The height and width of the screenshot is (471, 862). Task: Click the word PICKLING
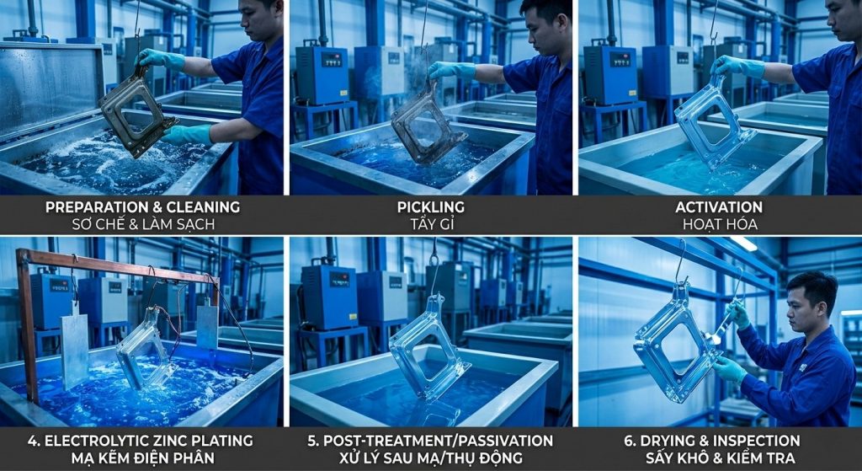click(x=430, y=207)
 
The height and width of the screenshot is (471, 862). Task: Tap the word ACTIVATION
click(x=719, y=207)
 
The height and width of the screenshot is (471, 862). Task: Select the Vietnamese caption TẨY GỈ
click(x=430, y=224)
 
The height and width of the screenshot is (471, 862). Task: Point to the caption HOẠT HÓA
click(x=719, y=224)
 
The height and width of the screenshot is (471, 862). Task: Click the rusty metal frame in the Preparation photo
click(x=136, y=113)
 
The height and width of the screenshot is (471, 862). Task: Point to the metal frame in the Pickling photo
click(x=426, y=124)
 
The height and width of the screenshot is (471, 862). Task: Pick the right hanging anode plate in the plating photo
click(x=207, y=327)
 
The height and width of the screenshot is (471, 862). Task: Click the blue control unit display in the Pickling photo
click(x=331, y=59)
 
